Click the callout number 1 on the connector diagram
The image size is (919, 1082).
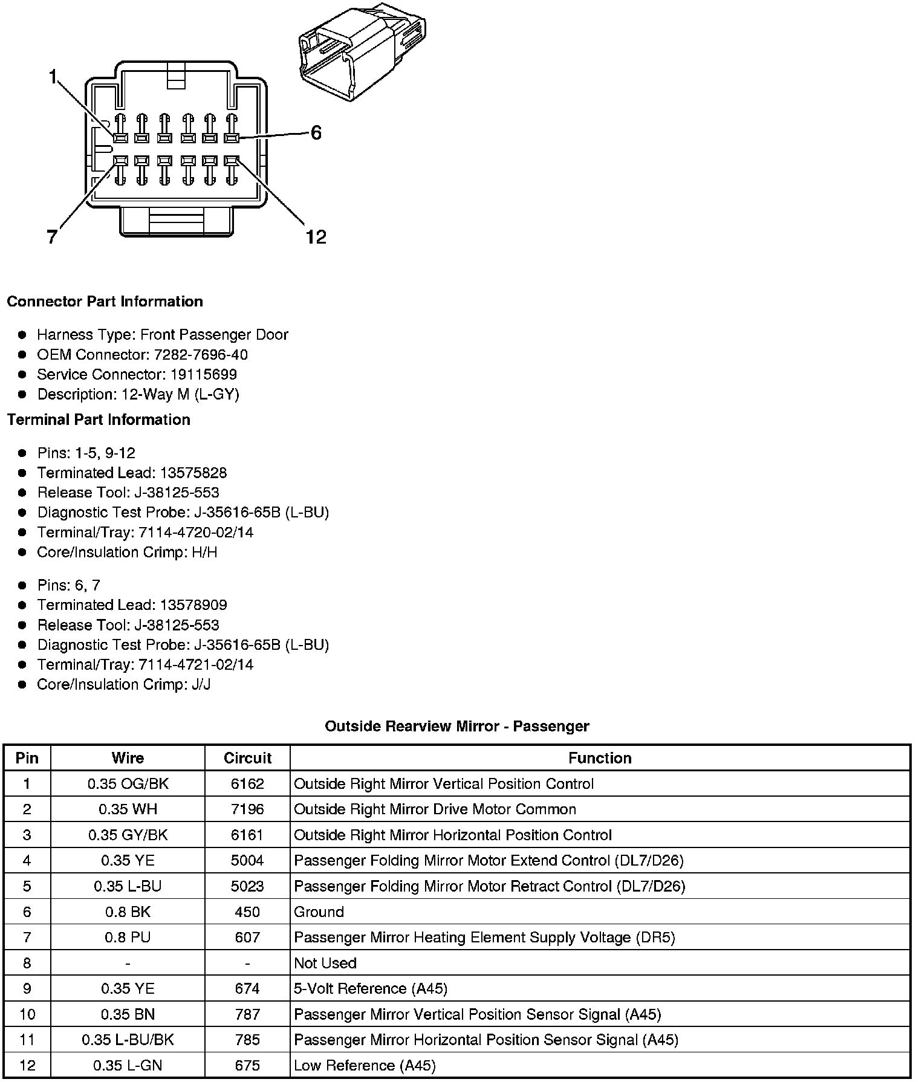tap(53, 77)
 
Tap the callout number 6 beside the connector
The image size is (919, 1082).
tap(316, 133)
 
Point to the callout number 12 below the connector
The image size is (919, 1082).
tap(316, 237)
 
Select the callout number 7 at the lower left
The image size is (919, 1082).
tap(53, 237)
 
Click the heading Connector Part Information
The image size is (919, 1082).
tap(105, 302)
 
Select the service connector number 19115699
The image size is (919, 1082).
tap(203, 375)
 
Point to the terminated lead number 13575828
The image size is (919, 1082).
tap(193, 473)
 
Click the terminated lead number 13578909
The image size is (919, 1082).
tap(193, 605)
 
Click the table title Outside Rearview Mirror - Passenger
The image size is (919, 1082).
tap(457, 726)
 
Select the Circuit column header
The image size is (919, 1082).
tap(247, 758)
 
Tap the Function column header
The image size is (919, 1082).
tap(600, 758)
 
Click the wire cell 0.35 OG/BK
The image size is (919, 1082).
tap(128, 784)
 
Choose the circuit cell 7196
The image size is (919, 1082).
tap(247, 809)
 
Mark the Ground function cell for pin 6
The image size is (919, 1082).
tap(319, 912)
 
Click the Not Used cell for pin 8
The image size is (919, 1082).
tap(325, 963)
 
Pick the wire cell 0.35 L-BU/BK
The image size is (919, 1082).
tap(128, 1040)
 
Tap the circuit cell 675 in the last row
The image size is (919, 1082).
tap(247, 1065)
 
